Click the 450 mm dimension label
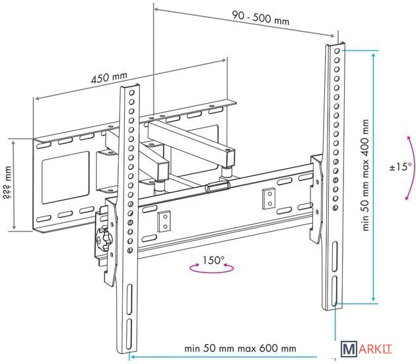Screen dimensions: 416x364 [109, 77]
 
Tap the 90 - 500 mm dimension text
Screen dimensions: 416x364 [261, 18]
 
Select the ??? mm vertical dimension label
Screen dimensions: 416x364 [7, 183]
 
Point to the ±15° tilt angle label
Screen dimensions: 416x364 [401, 167]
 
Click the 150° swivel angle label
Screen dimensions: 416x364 [213, 260]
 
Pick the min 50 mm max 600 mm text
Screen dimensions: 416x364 [240, 348]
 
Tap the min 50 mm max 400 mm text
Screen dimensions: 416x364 [366, 175]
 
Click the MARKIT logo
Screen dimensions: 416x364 [366, 349]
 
